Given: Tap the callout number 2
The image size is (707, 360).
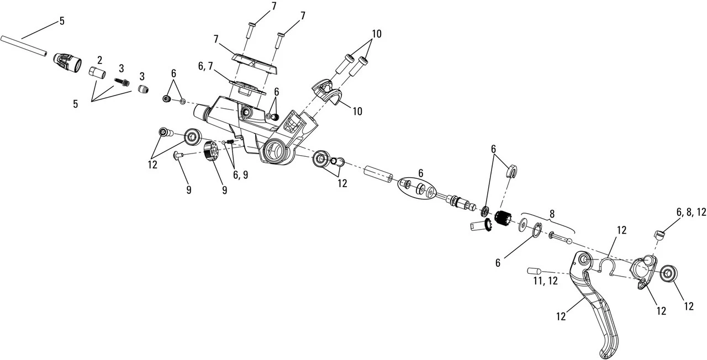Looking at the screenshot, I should point(100,60).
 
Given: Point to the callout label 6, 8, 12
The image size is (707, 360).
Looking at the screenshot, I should point(690,212).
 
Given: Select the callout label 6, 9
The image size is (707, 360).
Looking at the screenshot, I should point(240,174).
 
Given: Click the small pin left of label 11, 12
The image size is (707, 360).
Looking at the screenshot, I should point(533,271).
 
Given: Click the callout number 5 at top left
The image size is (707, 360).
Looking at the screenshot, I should point(62,21).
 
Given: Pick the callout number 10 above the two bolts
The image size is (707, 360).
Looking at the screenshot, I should point(376,34).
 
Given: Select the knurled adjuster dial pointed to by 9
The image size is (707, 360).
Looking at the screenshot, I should point(209,151).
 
